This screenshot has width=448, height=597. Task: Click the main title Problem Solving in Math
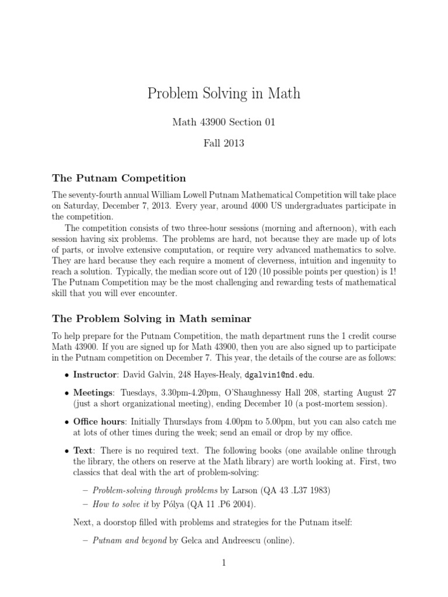click(x=224, y=93)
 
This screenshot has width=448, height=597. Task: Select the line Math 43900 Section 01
click(x=224, y=122)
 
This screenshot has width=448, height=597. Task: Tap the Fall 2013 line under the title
click(x=224, y=143)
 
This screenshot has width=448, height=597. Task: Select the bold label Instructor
click(x=96, y=374)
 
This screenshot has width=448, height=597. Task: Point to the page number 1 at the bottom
click(x=224, y=563)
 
